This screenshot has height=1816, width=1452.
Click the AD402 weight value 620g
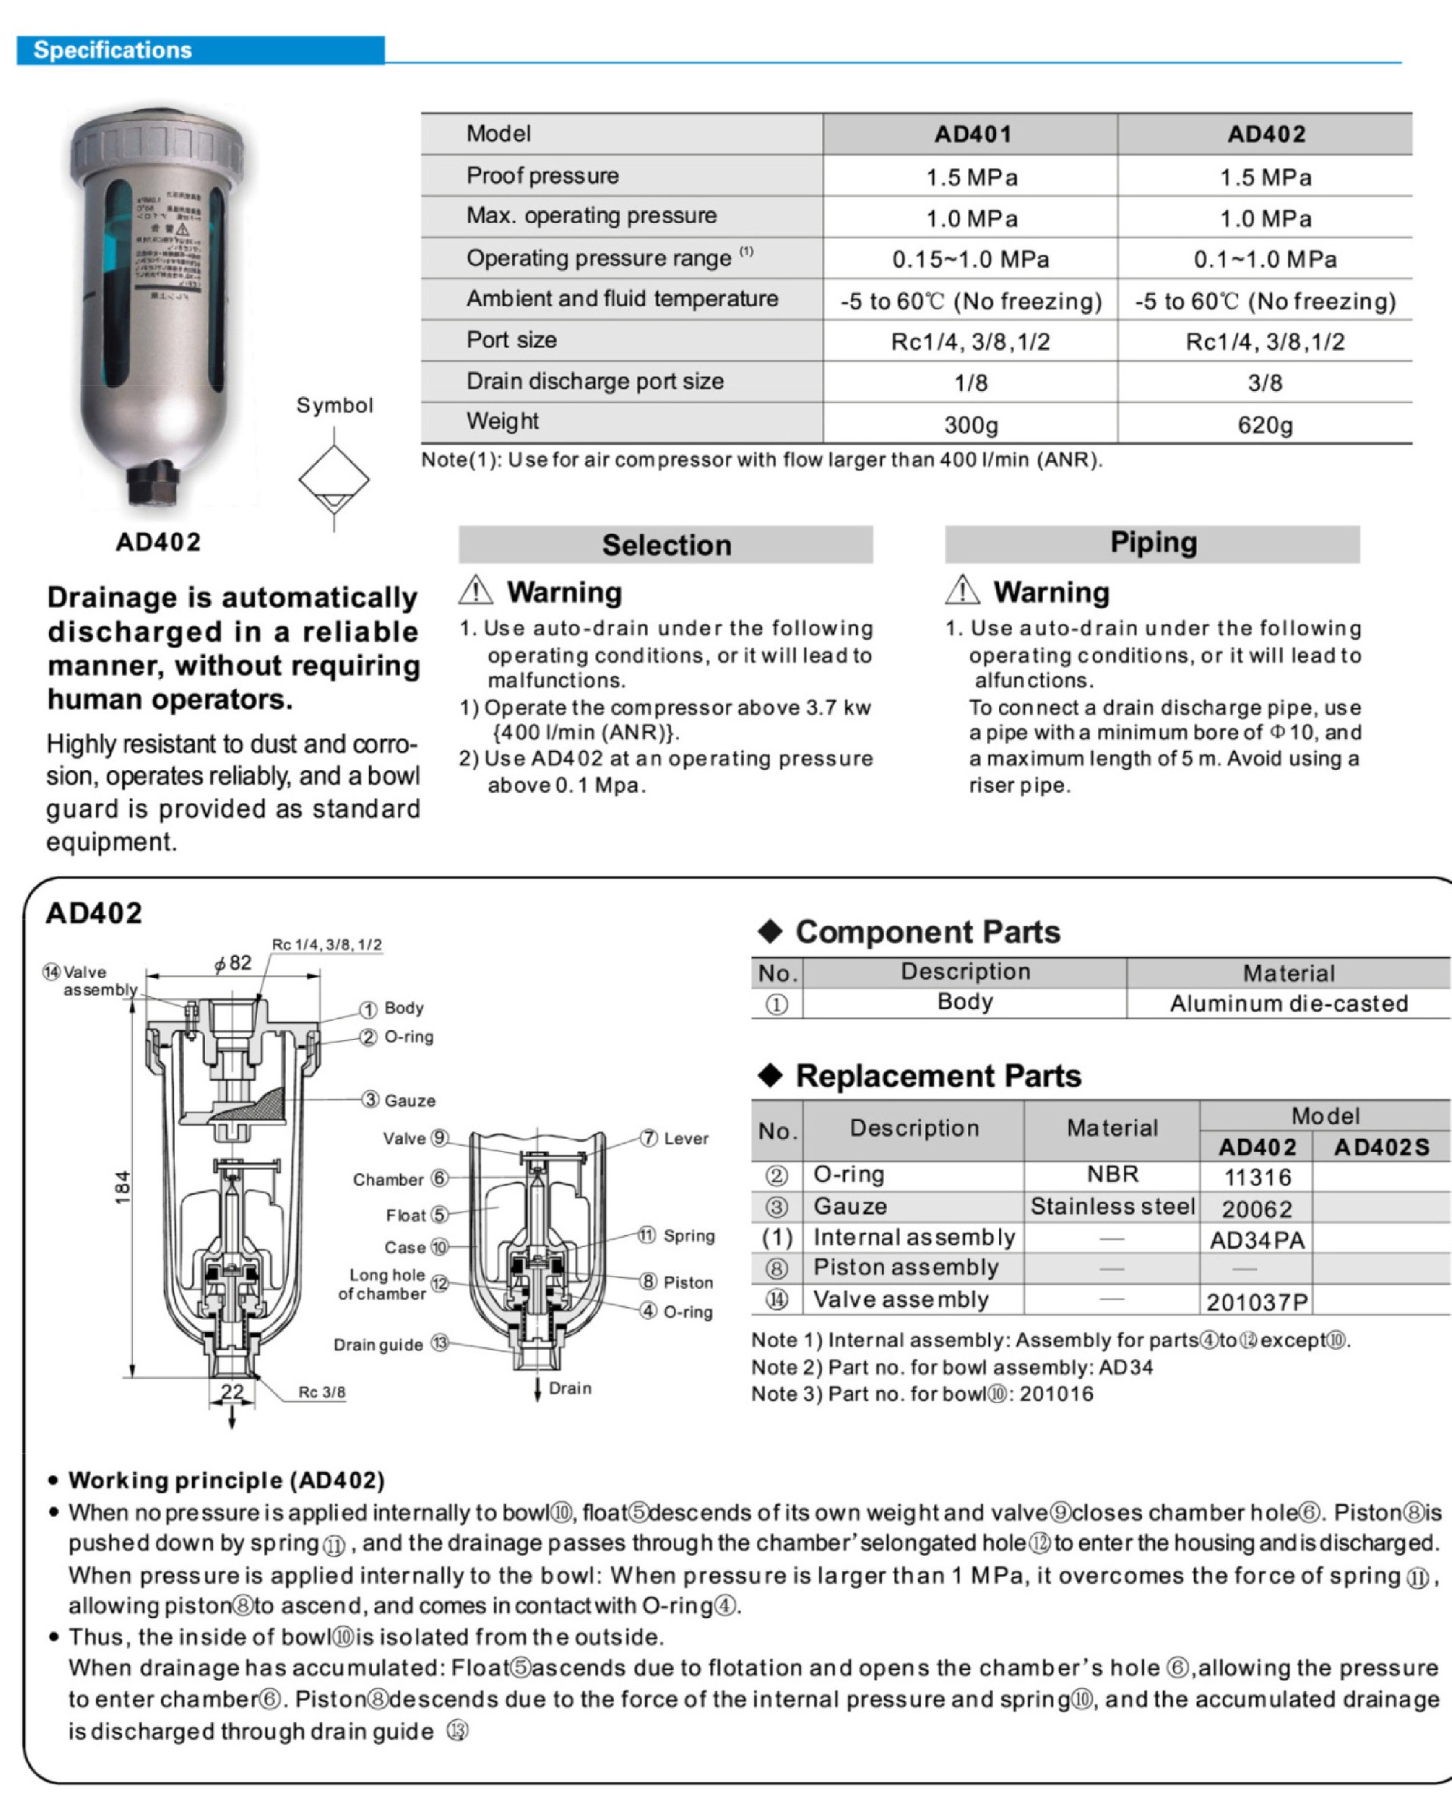pos(1264,424)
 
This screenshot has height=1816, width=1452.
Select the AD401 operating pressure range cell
pos(970,259)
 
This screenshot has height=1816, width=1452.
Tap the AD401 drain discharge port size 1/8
pos(970,383)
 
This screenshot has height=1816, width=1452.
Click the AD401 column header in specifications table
pos(972,134)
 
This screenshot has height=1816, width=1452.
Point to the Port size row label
pos(511,340)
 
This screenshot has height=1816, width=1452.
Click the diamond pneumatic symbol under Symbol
pos(334,480)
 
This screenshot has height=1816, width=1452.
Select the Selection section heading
pos(665,545)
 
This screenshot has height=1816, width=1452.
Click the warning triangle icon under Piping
pos(962,591)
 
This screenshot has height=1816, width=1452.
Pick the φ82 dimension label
pos(232,963)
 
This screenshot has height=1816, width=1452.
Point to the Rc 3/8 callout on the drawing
pos(321,1392)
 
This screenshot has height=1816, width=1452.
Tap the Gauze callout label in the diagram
pos(409,1100)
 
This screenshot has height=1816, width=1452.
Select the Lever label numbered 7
pos(684,1138)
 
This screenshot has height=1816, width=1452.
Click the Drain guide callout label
pos(378,1344)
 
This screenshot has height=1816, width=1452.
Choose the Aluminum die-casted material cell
pos(1288,1003)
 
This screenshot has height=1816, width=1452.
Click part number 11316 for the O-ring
pos(1257,1177)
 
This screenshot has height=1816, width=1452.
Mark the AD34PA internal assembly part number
pos(1257,1240)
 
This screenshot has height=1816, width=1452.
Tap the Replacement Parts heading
pos(938,1076)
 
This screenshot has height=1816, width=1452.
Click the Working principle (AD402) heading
pos(225,1480)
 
